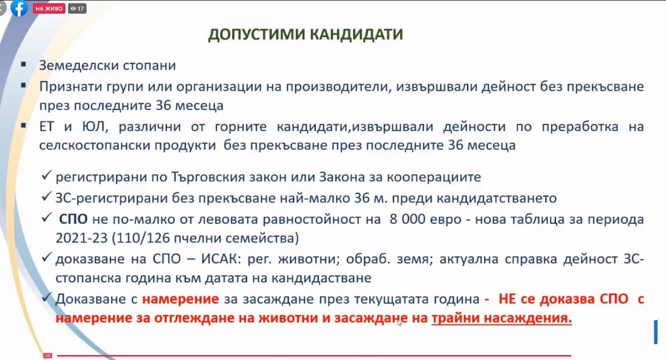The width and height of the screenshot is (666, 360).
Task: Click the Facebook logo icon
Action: (19, 8)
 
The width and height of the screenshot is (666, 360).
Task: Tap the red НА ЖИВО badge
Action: (49, 9)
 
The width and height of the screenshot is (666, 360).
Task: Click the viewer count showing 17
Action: (77, 9)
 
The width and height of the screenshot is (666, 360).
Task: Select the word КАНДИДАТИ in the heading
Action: (357, 34)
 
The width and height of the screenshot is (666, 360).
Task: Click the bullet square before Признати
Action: (24, 86)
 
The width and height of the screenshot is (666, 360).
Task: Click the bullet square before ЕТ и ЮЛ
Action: (24, 125)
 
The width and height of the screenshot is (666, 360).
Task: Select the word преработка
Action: (580, 127)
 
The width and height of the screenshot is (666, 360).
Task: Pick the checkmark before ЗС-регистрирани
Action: (47, 196)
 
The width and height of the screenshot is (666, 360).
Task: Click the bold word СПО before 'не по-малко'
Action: (73, 219)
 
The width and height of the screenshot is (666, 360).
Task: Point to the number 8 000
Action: (407, 219)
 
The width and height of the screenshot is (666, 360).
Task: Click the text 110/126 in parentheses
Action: (143, 238)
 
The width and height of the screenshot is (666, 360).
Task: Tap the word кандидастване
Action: (321, 279)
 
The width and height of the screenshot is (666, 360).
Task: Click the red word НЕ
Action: (508, 299)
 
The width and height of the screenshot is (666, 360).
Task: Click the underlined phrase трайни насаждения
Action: (502, 319)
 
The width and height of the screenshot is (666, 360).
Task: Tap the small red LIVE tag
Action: (48, 356)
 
